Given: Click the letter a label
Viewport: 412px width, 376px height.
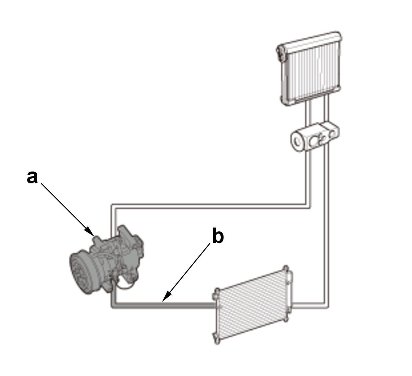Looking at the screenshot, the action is pos(33,177).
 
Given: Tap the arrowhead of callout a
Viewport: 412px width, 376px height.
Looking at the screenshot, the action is pos(90,232).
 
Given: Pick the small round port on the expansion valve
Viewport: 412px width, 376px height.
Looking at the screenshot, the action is pos(332,134).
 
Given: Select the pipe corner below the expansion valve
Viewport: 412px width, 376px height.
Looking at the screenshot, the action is pos(308,206).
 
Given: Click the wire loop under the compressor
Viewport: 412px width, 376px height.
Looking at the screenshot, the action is pos(124,286).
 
